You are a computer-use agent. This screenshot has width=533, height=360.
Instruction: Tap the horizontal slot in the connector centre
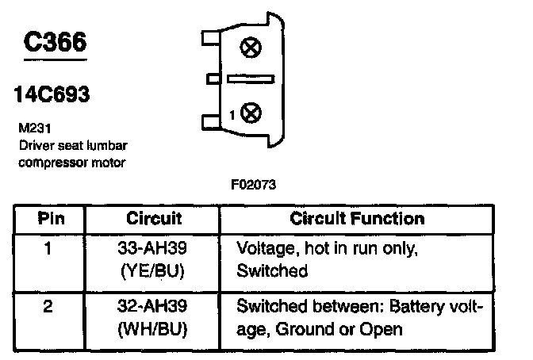[x=250, y=79]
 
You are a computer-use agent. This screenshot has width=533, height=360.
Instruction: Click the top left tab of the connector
[x=211, y=38]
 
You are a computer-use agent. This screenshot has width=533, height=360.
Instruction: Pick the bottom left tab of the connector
[x=211, y=121]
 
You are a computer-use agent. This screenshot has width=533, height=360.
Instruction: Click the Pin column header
[x=52, y=218]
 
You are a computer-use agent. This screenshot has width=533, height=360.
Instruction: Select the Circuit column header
[x=154, y=218]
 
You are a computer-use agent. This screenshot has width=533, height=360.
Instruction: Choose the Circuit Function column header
[x=357, y=218]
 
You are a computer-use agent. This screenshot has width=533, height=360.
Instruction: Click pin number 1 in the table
[x=49, y=249]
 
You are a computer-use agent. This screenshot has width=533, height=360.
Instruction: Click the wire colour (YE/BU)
[x=154, y=271]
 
